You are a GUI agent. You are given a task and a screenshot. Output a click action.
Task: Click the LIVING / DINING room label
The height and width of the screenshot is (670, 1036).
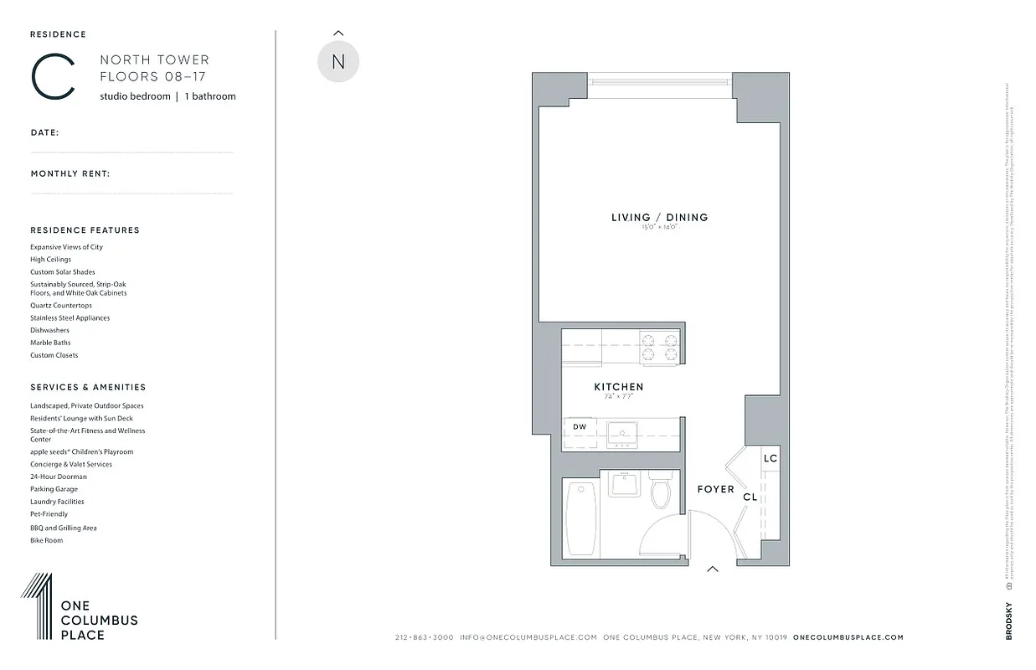pyautogui.click(x=659, y=218)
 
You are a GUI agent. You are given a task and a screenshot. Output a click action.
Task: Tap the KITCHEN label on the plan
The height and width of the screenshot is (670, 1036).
pyautogui.click(x=619, y=387)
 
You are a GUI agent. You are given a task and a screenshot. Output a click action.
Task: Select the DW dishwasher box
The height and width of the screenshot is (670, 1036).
pyautogui.click(x=580, y=427)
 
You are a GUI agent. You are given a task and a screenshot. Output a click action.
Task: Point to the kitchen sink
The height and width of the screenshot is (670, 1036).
pyautogui.click(x=622, y=432)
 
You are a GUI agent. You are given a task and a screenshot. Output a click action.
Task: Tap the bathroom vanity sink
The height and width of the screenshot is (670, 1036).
pyautogui.click(x=624, y=485)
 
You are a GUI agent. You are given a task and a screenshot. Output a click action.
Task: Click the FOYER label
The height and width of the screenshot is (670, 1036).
pyautogui.click(x=715, y=489)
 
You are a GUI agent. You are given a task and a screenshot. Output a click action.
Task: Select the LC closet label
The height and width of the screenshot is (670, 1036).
pyautogui.click(x=771, y=458)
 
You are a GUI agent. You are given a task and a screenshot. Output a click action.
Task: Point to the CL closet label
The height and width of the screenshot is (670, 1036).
pyautogui.click(x=750, y=497)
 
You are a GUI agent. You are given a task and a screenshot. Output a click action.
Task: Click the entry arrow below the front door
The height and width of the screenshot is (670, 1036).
pyautogui.click(x=713, y=569)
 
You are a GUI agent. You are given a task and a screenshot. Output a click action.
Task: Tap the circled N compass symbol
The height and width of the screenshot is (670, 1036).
pyautogui.click(x=338, y=62)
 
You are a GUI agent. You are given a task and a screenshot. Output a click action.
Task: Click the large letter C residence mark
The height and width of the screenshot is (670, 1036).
pyautogui.click(x=53, y=77)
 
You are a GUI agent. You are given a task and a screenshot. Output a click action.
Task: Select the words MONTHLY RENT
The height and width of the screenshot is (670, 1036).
pyautogui.click(x=70, y=174)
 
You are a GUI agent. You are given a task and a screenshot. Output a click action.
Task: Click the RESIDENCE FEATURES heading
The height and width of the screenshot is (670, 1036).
pyautogui.click(x=85, y=230)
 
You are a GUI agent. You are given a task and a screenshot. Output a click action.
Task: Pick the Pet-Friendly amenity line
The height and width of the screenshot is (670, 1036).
pyautogui.click(x=49, y=514)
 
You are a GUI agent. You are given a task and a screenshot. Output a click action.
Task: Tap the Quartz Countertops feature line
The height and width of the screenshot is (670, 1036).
pyautogui.click(x=61, y=306)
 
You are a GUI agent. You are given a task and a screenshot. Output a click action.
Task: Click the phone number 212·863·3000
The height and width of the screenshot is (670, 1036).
pyautogui.click(x=424, y=637)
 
